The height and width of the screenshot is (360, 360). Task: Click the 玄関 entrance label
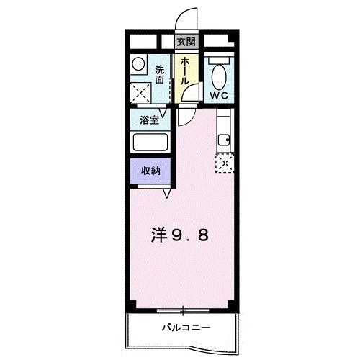(x=186, y=42)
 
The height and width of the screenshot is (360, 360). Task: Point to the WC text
(x=219, y=95)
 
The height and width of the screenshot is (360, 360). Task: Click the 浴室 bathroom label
(x=148, y=120)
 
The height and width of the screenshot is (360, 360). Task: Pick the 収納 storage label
(x=150, y=171)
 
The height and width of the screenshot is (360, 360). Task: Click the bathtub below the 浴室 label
(x=149, y=142)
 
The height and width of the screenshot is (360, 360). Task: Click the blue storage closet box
(x=150, y=171)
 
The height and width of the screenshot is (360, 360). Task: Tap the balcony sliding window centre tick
(x=184, y=310)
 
